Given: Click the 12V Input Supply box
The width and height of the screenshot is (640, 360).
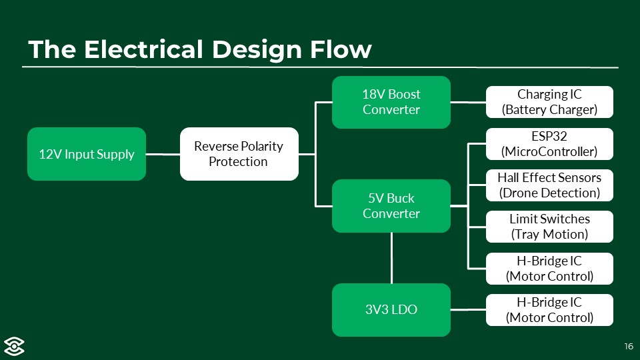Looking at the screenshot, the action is pos(87,154).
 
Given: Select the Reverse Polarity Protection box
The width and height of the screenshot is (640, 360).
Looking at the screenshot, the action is pos(239,154).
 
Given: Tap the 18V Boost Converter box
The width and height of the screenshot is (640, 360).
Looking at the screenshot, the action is pos(391,102).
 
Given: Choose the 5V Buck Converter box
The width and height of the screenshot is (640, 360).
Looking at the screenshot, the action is pos(391,206).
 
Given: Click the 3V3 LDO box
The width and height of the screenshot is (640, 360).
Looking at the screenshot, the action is pos(391,310).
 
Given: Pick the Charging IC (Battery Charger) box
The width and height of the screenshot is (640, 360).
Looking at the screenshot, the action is pos(549,102).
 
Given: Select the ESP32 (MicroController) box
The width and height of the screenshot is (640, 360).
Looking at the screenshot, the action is pos(549,144).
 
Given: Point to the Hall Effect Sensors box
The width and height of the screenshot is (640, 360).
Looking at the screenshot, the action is pos(549,185).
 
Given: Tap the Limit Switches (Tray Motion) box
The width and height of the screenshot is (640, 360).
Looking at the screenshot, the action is pos(549,227).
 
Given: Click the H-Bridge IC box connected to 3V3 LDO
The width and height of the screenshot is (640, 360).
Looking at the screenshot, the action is pos(549,310).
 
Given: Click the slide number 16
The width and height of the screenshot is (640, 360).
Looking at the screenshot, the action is pos(629,347).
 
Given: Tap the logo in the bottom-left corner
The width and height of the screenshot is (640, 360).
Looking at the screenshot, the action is pos(14,347).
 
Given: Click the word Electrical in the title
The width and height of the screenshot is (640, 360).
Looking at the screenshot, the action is pos(143,49).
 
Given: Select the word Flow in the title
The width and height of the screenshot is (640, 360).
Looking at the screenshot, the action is pos(341,49).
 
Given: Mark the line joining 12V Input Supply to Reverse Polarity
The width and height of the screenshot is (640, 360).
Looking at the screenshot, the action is pos(163,154).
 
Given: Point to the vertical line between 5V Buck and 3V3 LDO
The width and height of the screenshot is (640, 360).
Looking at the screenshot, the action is pos(391,258).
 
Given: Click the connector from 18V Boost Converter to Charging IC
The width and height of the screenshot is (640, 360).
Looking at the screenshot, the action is pos(468,103).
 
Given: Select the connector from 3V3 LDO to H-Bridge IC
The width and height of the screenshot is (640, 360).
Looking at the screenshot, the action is pos(468,310).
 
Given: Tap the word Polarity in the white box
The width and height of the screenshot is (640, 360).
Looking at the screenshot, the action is pos(261,147).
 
